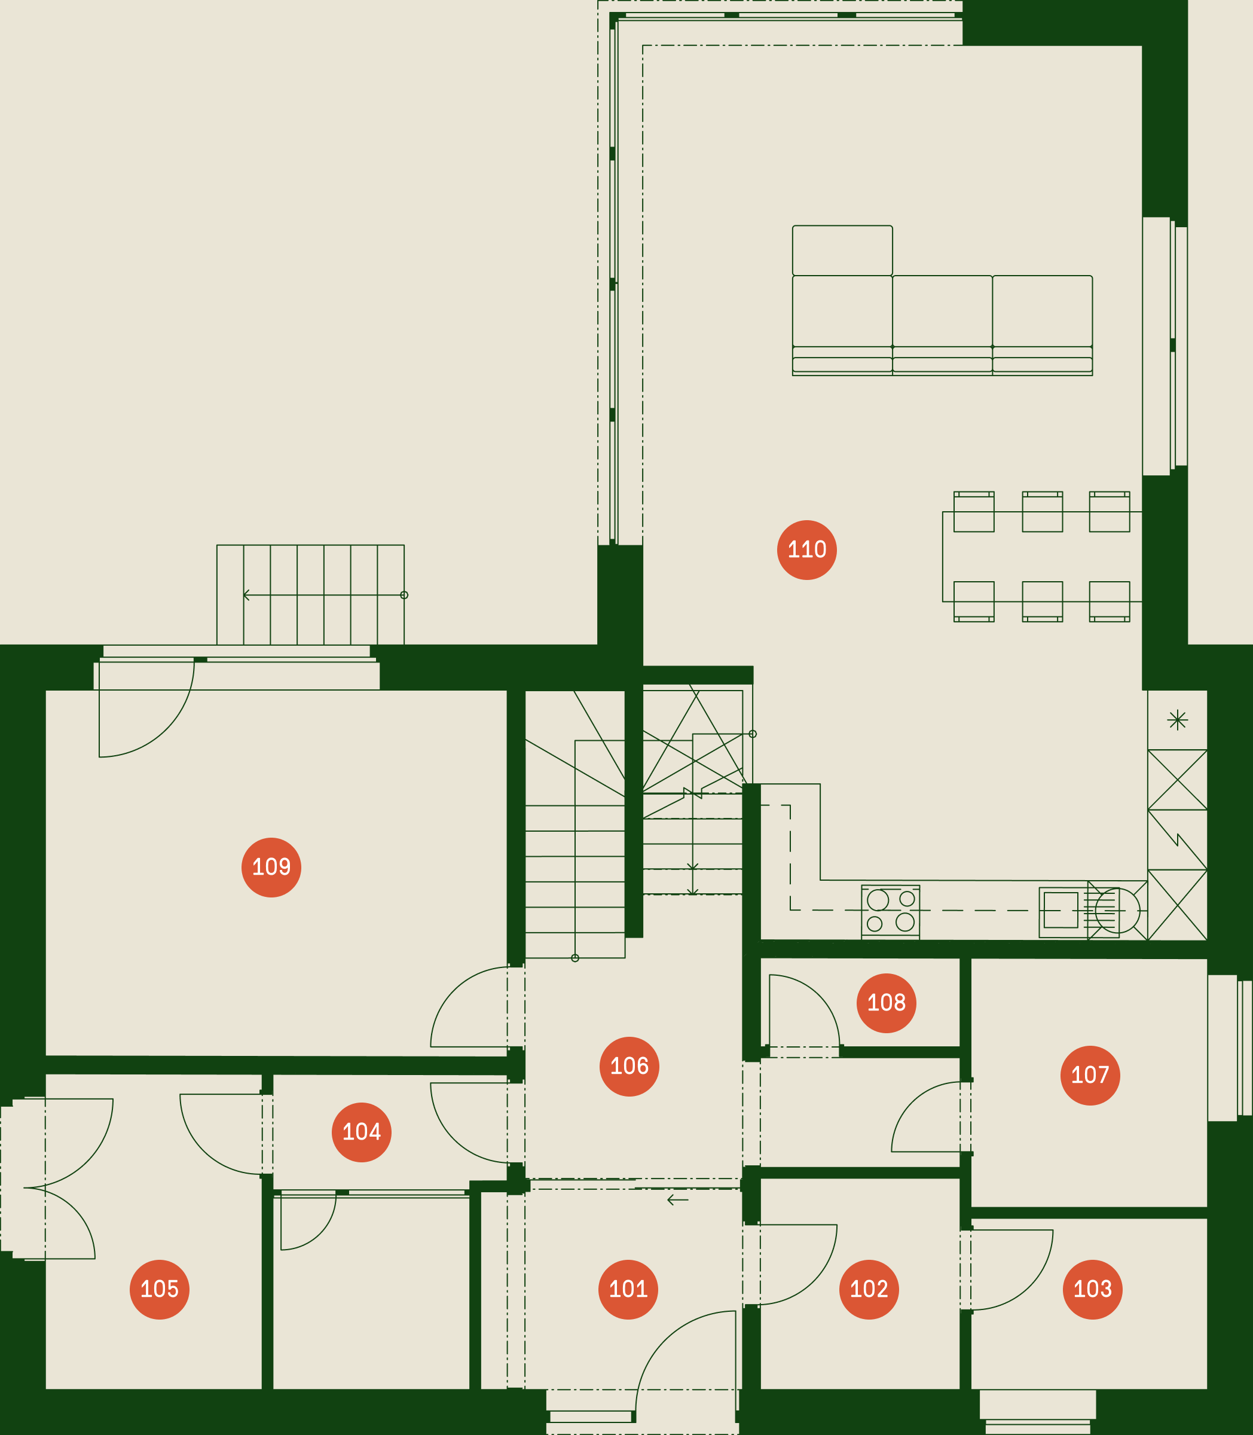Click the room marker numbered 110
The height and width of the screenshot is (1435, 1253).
(x=807, y=549)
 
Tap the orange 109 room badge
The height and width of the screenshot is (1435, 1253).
(x=271, y=867)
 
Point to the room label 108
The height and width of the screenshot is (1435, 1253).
(x=886, y=1003)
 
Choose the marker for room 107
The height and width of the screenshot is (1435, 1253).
(x=1090, y=1075)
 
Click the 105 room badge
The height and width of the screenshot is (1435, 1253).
(x=160, y=1289)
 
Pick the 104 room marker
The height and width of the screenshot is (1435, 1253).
(x=362, y=1132)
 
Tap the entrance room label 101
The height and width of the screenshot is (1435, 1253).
(x=628, y=1289)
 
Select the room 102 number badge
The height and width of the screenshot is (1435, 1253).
(x=869, y=1289)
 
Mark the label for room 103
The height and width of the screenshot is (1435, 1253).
(x=1092, y=1289)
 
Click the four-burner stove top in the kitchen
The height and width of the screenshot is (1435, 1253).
(x=890, y=911)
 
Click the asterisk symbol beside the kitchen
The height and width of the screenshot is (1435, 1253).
(x=1178, y=720)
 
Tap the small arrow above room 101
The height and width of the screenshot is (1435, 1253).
(x=677, y=1200)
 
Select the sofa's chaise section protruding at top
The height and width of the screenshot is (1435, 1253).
(x=842, y=251)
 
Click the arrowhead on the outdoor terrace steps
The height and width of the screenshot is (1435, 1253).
(x=246, y=595)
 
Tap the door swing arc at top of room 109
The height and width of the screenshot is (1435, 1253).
(x=166, y=729)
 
